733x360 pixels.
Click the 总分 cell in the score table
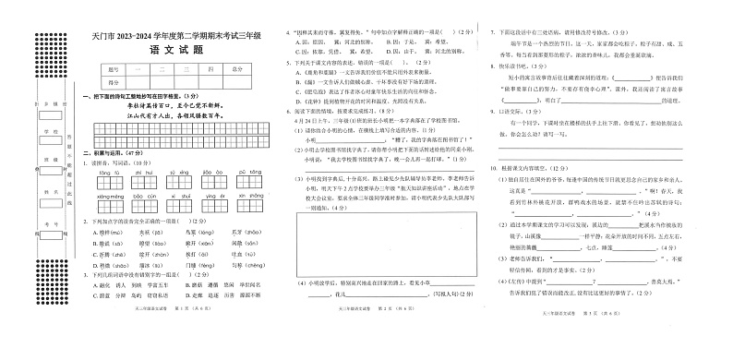click(x=238, y=69)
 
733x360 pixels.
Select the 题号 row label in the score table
click(x=114, y=69)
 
